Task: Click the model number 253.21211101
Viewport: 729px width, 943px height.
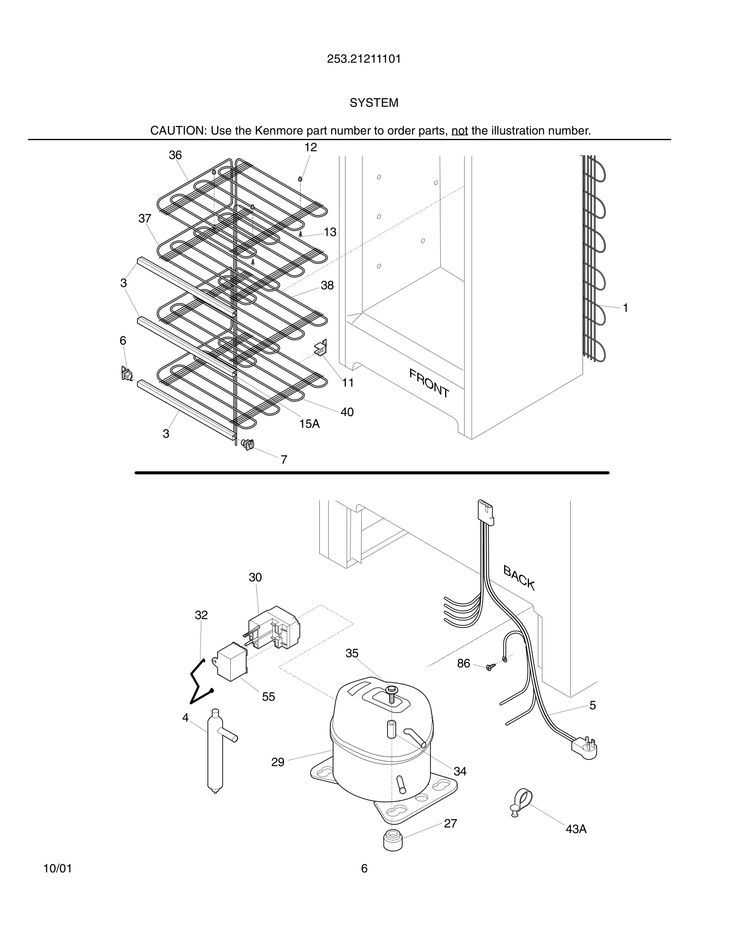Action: pyautogui.click(x=364, y=59)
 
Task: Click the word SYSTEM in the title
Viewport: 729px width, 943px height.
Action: pyautogui.click(x=374, y=103)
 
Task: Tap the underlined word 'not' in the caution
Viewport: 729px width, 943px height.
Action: pyautogui.click(x=459, y=131)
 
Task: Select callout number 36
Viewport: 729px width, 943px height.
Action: pyautogui.click(x=175, y=156)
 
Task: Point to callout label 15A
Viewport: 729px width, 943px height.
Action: pyautogui.click(x=309, y=424)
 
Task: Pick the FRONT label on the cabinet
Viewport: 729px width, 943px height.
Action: pyautogui.click(x=429, y=383)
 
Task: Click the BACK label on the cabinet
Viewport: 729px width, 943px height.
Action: pyautogui.click(x=519, y=578)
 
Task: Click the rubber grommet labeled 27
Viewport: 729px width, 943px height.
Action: pyautogui.click(x=393, y=840)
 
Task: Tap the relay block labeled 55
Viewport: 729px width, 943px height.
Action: pyautogui.click(x=231, y=661)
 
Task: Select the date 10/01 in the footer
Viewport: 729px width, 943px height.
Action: pyautogui.click(x=58, y=869)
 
